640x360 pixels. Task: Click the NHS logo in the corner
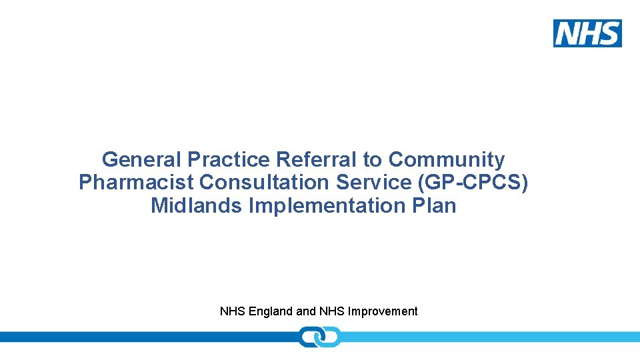[x=587, y=33]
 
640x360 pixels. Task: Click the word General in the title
[x=141, y=160]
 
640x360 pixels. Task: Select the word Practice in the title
[x=229, y=160]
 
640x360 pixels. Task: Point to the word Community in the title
[x=447, y=160]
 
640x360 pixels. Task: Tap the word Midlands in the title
[x=197, y=205]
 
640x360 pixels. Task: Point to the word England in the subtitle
[x=271, y=311]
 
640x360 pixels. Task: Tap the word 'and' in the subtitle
[x=306, y=311]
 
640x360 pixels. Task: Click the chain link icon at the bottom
[x=319, y=337]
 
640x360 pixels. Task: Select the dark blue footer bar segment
[x=147, y=337]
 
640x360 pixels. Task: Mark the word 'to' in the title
[x=373, y=160]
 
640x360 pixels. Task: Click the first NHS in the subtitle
[x=233, y=311]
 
